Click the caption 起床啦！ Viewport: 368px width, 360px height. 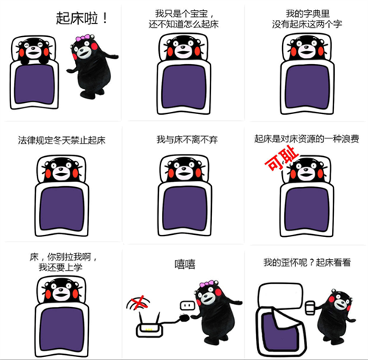tap(82, 18)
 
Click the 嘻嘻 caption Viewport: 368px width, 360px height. tap(185, 264)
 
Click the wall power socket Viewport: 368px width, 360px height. tap(188, 306)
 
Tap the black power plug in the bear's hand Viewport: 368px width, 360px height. tap(184, 318)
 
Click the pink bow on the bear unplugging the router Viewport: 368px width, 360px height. tap(207, 284)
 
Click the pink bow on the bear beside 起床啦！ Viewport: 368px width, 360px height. tap(82, 38)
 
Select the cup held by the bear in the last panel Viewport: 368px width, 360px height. tap(311, 308)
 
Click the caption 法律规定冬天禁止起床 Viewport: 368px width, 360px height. tap(62, 141)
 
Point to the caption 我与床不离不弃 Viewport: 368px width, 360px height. tap(187, 140)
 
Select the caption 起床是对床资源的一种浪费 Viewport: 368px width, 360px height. tap(307, 139)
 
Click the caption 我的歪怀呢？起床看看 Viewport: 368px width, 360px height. tap(307, 262)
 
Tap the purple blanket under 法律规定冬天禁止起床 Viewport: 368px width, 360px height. tap(62, 209)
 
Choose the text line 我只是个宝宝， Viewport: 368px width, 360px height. tap(183, 13)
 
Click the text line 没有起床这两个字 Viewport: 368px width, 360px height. tap(307, 24)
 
